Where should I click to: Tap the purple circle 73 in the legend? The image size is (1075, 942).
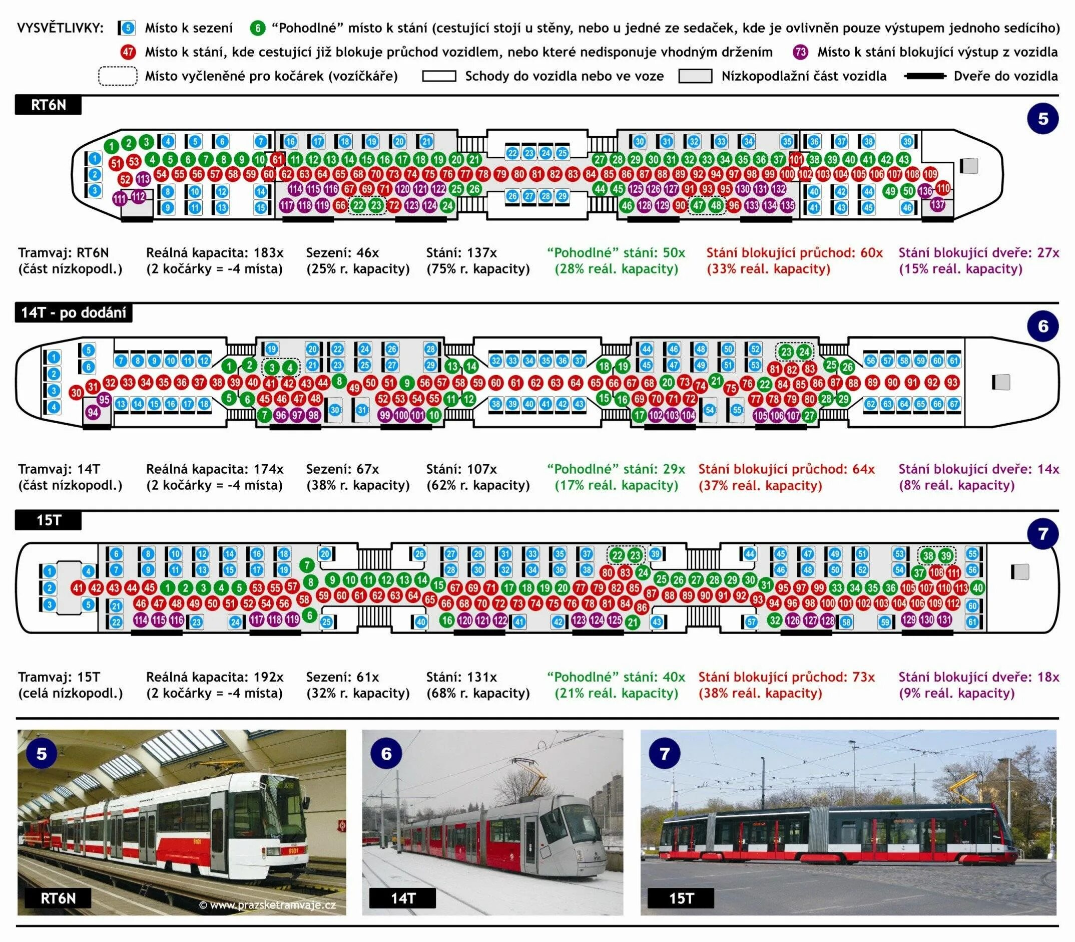[x=800, y=52]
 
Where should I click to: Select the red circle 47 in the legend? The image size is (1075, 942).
[x=128, y=52]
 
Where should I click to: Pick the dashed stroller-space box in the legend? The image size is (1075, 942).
[x=118, y=76]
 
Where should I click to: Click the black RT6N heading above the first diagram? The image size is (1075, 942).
[x=49, y=105]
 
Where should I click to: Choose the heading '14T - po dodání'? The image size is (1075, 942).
[x=74, y=313]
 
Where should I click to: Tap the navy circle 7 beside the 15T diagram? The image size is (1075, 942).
[x=1043, y=534]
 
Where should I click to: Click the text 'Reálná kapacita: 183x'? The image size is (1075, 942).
[x=215, y=253]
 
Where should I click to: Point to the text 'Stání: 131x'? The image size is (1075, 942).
[x=461, y=677]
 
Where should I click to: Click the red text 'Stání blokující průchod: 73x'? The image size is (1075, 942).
[x=787, y=677]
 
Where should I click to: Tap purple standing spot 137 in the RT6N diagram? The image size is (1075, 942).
[x=937, y=204]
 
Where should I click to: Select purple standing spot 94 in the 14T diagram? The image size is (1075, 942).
[x=93, y=413]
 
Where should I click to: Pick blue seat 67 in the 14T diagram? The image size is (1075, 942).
[x=953, y=404]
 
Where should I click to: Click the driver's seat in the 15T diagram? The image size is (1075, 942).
[x=1020, y=572]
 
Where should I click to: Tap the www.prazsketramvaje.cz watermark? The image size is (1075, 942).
[x=267, y=904]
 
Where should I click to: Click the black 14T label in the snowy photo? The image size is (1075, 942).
[x=402, y=898]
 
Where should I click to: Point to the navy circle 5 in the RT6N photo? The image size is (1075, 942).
[x=42, y=753]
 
